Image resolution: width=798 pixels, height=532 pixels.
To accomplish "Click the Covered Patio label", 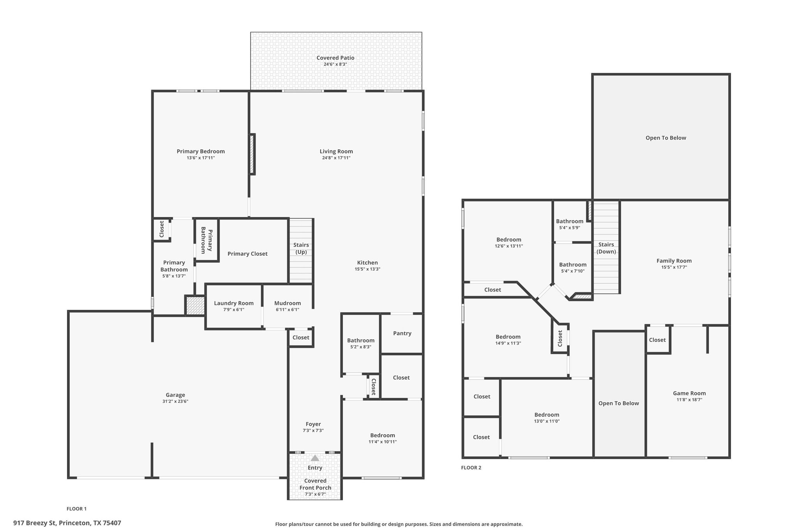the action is [x=335, y=58].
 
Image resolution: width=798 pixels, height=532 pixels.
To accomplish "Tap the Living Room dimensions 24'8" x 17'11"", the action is [x=336, y=158].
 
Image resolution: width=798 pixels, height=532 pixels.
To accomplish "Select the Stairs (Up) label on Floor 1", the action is [x=301, y=248].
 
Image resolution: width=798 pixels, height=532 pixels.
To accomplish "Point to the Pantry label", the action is [x=402, y=333].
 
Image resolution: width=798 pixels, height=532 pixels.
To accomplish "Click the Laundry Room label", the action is [x=234, y=303].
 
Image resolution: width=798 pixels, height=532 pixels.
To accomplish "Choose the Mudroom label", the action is [x=288, y=303].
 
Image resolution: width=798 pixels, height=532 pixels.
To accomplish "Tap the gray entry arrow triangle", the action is [x=315, y=458].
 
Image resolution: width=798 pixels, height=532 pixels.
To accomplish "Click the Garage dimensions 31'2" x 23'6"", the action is [x=175, y=401].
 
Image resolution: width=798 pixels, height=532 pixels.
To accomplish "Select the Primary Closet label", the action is [x=247, y=254].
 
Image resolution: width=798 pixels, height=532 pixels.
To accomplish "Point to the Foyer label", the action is [x=313, y=424].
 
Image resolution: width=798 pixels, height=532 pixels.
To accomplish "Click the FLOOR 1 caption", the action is [x=76, y=509].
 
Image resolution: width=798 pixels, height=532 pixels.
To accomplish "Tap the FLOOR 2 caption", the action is [x=471, y=468].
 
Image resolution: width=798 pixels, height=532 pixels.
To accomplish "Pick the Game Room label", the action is [x=689, y=393].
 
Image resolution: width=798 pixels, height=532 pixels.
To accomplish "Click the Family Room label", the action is [x=674, y=261].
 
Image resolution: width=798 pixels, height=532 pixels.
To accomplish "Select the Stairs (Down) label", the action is [x=606, y=248].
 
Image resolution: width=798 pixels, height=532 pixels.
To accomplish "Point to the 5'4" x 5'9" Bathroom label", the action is [x=570, y=221].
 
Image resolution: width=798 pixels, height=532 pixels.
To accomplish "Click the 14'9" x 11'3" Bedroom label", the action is [x=508, y=337].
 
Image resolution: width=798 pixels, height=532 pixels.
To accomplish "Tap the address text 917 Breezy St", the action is [x=35, y=523].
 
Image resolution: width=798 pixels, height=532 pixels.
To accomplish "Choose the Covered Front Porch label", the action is [x=315, y=484].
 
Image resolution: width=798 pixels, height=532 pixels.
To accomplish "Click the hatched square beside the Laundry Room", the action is [x=195, y=306].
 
